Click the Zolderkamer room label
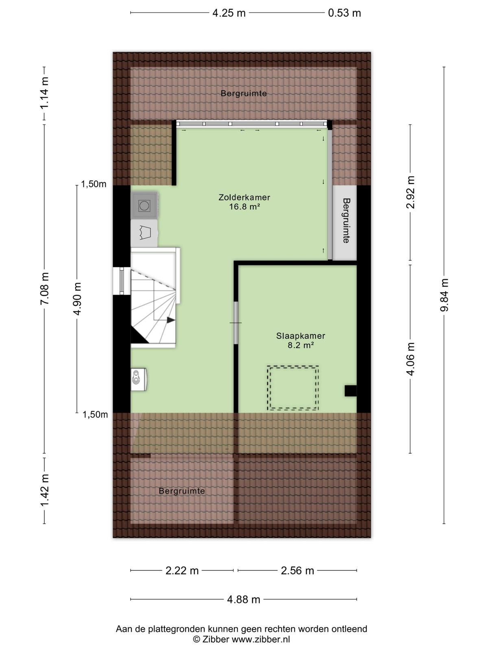(244, 197)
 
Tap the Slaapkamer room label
(301, 336)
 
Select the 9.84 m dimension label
(444, 295)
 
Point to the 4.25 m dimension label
(229, 13)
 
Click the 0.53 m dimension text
(344, 13)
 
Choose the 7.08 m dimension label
(45, 288)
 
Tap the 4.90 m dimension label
(77, 299)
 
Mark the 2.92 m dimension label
(410, 192)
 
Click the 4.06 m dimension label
(410, 359)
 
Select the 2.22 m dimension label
(182, 570)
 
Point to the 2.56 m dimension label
(297, 570)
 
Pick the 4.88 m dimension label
(244, 600)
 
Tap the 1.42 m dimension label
(45, 490)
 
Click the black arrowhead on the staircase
(171, 320)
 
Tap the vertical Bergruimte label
(346, 221)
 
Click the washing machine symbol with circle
(144, 205)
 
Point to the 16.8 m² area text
(244, 206)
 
